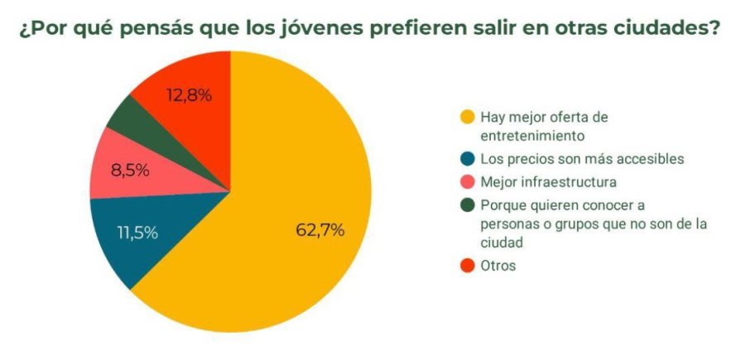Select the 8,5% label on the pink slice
tap(129, 170)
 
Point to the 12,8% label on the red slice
tap(189, 95)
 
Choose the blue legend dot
tap(468, 159)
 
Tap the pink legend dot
tap(468, 181)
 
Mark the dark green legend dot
tap(468, 204)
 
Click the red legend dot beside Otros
tap(468, 266)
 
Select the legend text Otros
tap(498, 266)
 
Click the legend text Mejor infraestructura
tap(548, 181)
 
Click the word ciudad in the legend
tap(501, 243)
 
